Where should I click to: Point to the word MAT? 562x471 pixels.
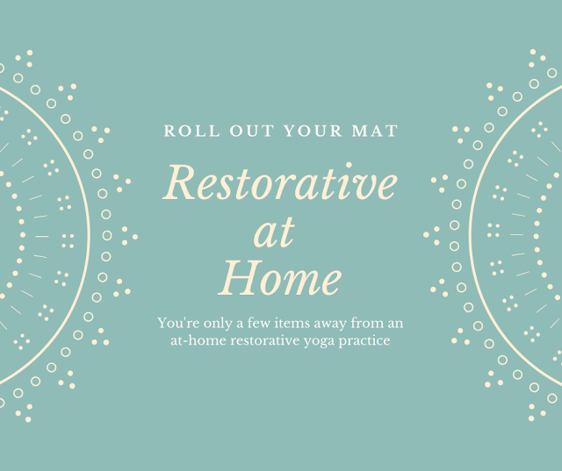tap(375, 131)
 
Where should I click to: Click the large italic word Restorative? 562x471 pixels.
tap(280, 182)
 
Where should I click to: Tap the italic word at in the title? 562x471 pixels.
tap(274, 233)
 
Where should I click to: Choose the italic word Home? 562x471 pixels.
tap(280, 278)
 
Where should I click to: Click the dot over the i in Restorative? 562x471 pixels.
tap(349, 165)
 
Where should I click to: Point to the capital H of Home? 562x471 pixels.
tap(241, 278)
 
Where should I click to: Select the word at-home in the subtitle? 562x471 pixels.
tap(198, 340)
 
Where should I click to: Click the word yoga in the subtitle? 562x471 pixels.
tap(319, 342)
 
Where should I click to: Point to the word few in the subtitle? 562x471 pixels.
tap(259, 323)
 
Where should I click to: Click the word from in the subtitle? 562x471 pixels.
tap(365, 323)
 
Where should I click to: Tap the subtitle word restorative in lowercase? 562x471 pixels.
tap(265, 340)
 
